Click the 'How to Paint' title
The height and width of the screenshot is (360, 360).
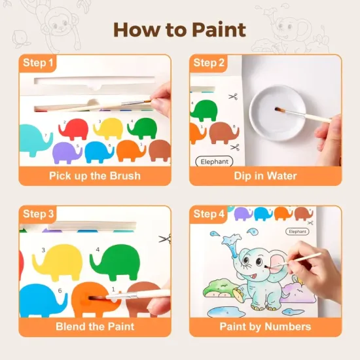(x=179, y=30)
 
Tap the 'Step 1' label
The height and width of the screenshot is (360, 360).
(x=38, y=63)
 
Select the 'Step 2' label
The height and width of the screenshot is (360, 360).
(x=208, y=63)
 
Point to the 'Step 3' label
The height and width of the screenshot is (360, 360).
(x=38, y=214)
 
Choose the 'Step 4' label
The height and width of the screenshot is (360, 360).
(x=208, y=214)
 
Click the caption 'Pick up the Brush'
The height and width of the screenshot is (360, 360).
(x=95, y=176)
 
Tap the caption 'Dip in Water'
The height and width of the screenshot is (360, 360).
(x=265, y=176)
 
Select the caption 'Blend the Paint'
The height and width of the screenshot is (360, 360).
(x=95, y=327)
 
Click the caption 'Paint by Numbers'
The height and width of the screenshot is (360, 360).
(x=265, y=327)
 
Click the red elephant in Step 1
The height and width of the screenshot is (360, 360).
(x=73, y=128)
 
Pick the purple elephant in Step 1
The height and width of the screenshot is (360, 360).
(x=67, y=153)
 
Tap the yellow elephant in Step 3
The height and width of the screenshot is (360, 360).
(x=58, y=262)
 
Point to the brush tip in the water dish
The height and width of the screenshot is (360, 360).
(x=278, y=109)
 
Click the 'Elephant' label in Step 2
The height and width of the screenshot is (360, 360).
(x=214, y=162)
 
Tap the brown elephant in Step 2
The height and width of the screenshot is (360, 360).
(x=224, y=133)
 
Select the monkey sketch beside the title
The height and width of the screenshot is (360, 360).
(x=60, y=26)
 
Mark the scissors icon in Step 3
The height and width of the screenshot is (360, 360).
(x=165, y=239)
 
